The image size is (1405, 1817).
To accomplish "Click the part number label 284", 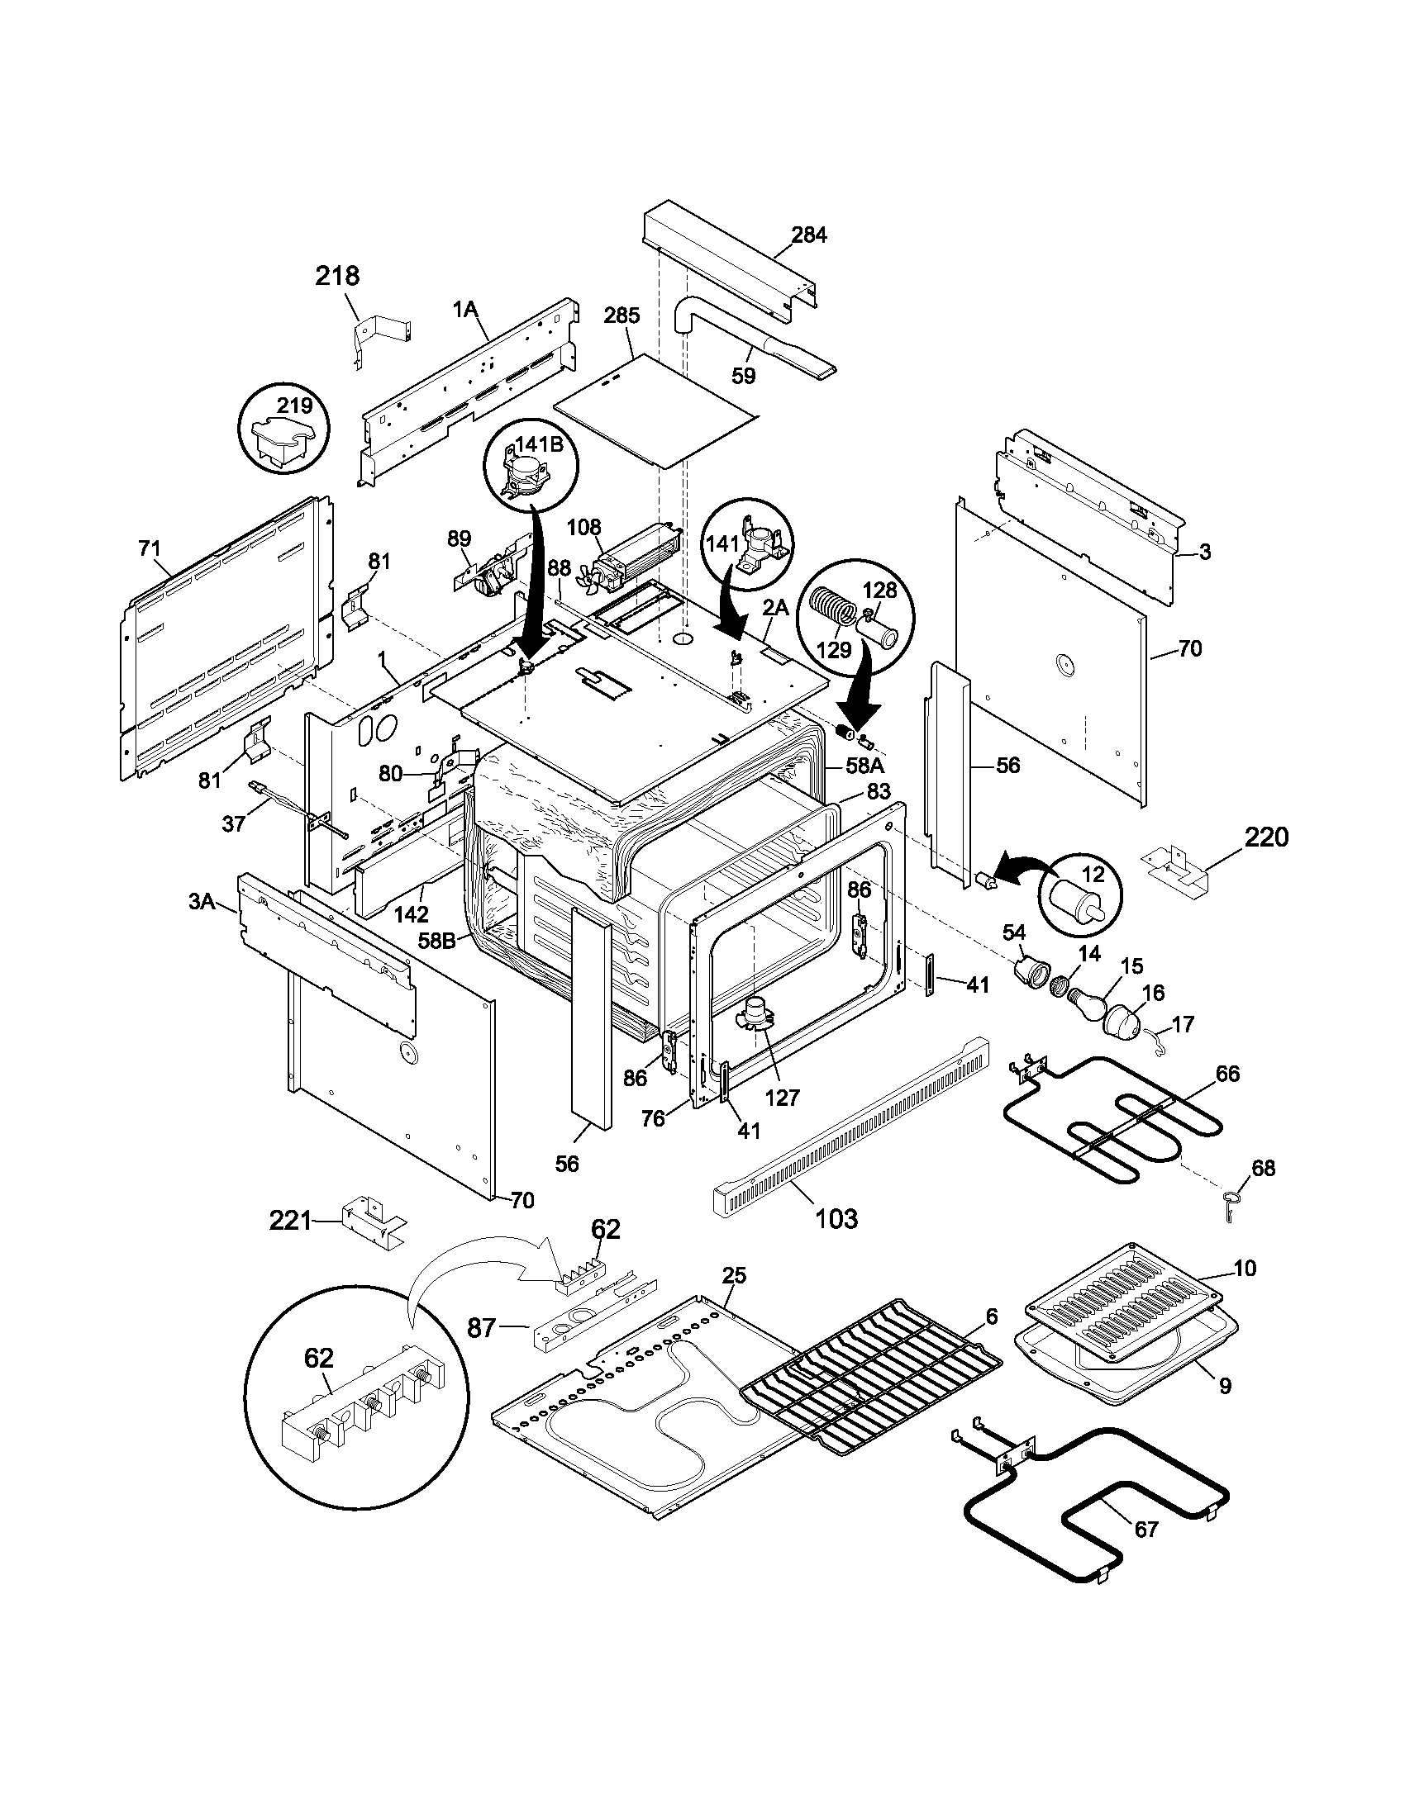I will click(x=808, y=235).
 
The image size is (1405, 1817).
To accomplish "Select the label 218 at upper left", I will click(x=337, y=275).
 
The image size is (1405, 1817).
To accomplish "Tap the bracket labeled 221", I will click(x=373, y=1222).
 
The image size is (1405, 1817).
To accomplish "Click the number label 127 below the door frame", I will click(x=782, y=1097).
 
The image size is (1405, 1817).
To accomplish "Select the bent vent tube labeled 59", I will click(x=749, y=341).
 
